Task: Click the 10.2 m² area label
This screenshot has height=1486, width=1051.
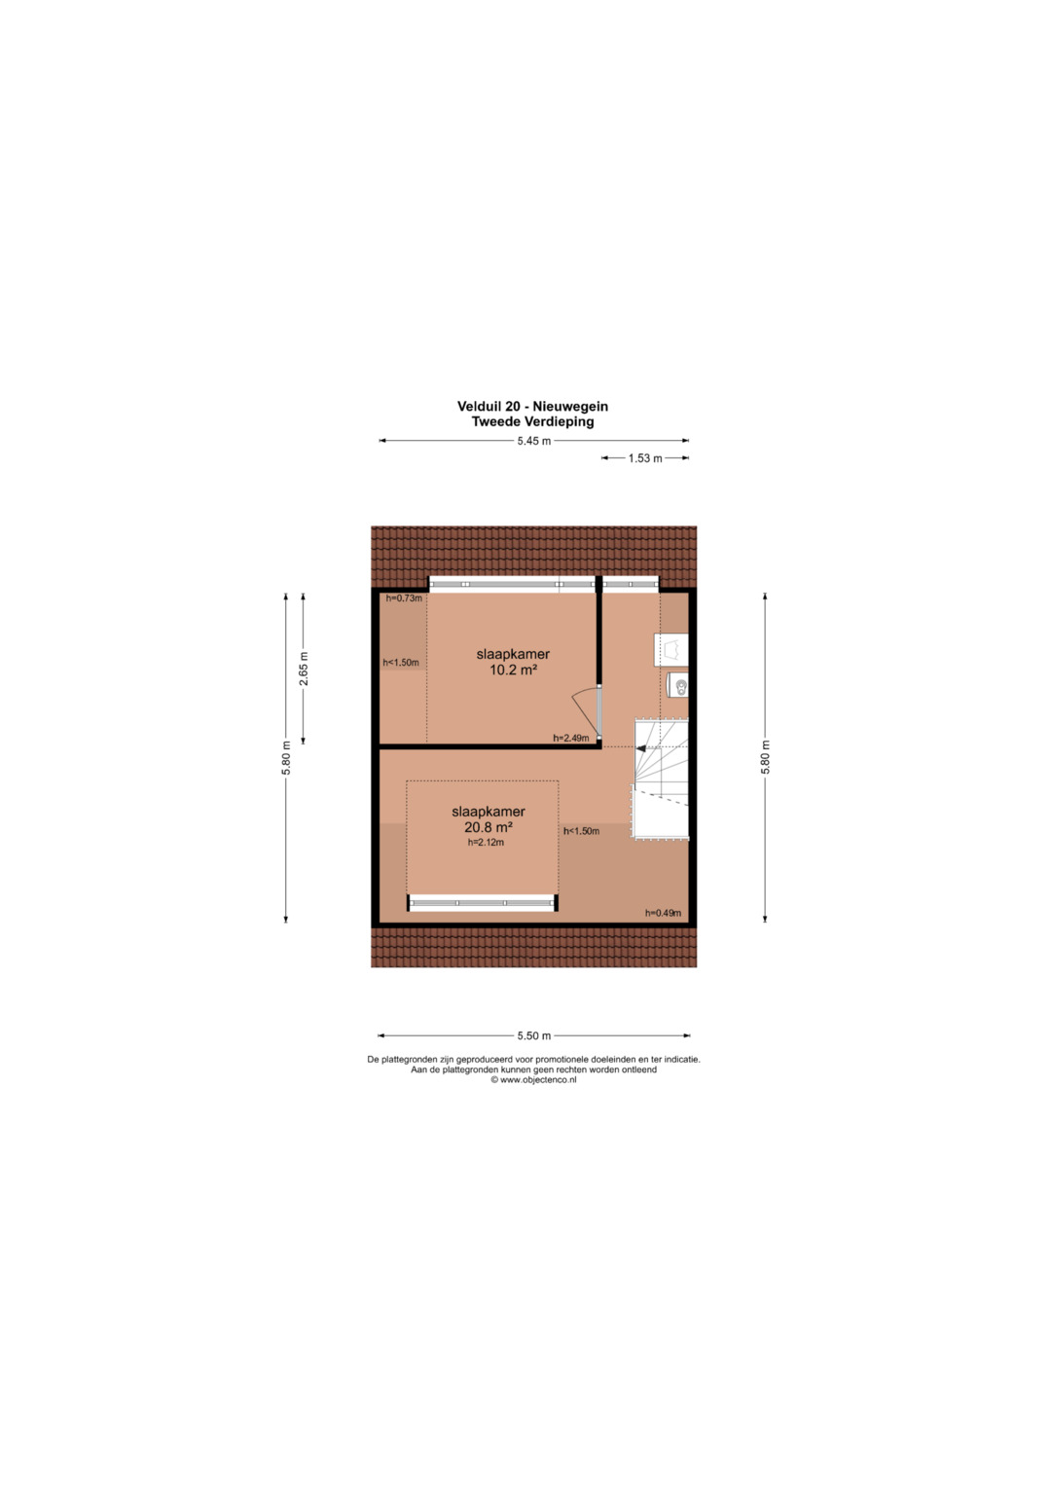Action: tap(513, 671)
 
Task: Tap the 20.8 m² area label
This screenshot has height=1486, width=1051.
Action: tap(489, 827)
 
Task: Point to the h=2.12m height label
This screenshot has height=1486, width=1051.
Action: tap(486, 843)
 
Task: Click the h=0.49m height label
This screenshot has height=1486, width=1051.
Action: tap(663, 913)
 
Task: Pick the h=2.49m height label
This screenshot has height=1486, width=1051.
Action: tap(571, 738)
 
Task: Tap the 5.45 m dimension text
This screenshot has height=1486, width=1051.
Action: tap(534, 441)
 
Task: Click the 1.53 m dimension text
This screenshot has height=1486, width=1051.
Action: tap(645, 458)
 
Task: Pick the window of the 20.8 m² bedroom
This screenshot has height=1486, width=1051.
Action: tap(483, 903)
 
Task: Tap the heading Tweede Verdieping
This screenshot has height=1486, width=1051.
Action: tap(533, 421)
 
